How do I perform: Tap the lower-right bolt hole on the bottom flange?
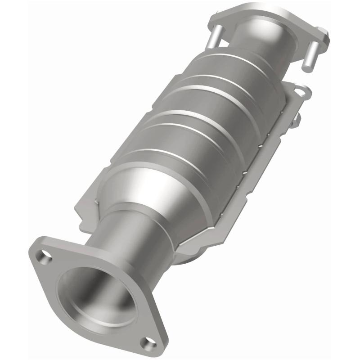pyautogui.click(x=147, y=343)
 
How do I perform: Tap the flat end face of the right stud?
pyautogui.click(x=308, y=66)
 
